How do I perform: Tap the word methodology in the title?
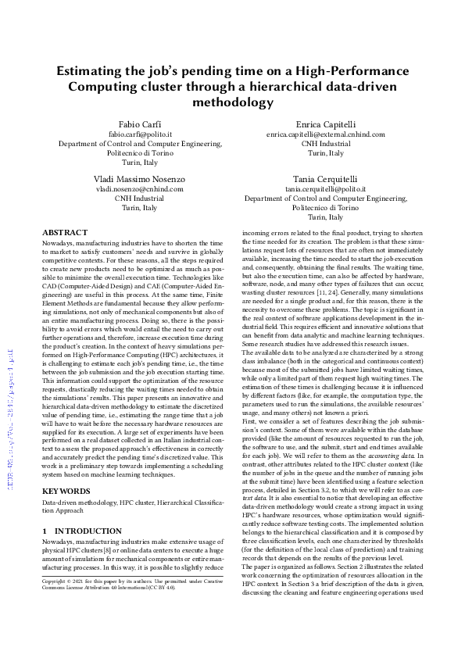[x=231, y=102]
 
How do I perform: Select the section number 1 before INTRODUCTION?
[x=45, y=531]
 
